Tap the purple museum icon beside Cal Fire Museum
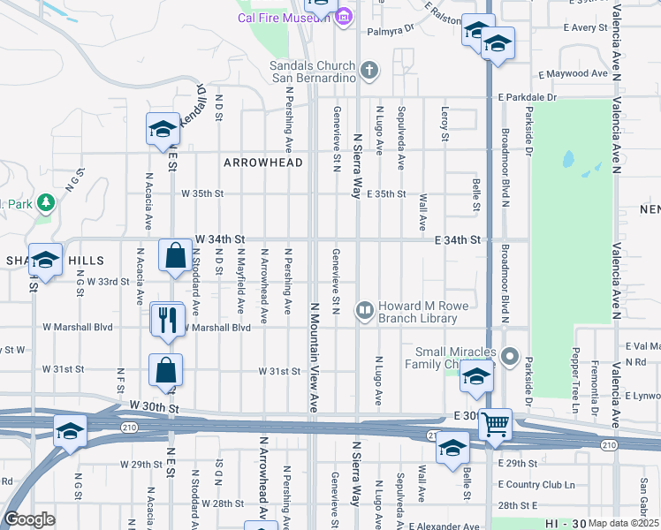tap(344, 17)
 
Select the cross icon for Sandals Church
tap(369, 69)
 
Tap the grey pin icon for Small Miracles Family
tap(510, 357)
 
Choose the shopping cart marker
tap(495, 426)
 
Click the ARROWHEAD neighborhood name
tap(263, 163)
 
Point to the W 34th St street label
tap(220, 239)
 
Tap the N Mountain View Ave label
tap(314, 357)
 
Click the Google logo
tap(28, 519)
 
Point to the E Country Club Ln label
tap(536, 485)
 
